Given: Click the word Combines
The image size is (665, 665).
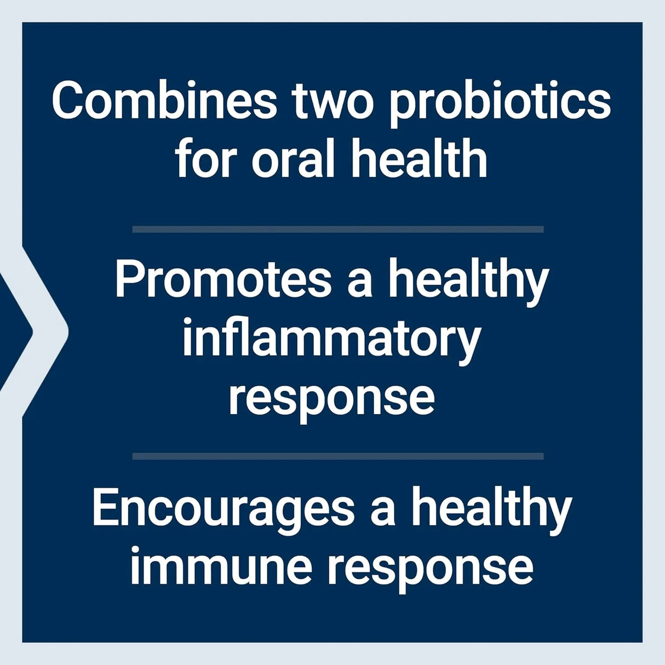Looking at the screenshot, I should pyautogui.click(x=164, y=101).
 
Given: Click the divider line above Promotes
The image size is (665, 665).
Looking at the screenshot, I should pyautogui.click(x=338, y=230).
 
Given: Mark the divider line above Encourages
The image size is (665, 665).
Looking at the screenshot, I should pyautogui.click(x=338, y=456).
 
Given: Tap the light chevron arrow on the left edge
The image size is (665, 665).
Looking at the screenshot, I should pyautogui.click(x=47, y=331).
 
